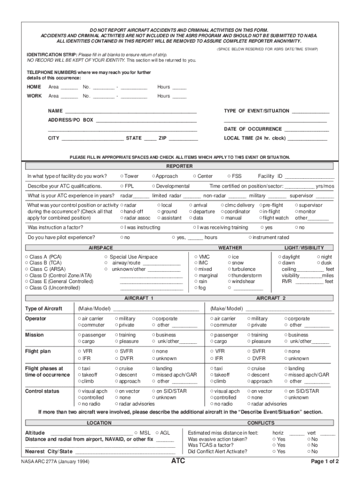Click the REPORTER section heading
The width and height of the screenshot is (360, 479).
pos(180,166)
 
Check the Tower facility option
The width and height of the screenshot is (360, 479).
pos(122,176)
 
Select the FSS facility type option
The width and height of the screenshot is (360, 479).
pos(229,176)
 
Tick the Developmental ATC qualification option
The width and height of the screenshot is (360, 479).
pos(153,186)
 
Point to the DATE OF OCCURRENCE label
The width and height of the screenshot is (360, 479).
pos(252,129)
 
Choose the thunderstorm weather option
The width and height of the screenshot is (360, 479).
pos(230,276)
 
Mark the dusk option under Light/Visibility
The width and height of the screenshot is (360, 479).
pos(318,263)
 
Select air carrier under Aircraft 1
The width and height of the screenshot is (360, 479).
pos(79,319)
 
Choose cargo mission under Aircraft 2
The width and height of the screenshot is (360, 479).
pos(212,341)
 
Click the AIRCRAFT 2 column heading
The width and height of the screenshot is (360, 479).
pos(271,298)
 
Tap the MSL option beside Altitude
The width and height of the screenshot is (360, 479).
pos(136,433)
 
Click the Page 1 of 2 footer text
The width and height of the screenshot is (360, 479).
pos(325,462)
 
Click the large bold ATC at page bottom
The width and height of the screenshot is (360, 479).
pos(180,461)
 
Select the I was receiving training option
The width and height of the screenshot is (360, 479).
pos(195,228)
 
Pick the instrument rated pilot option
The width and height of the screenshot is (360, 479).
pos(251,238)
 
